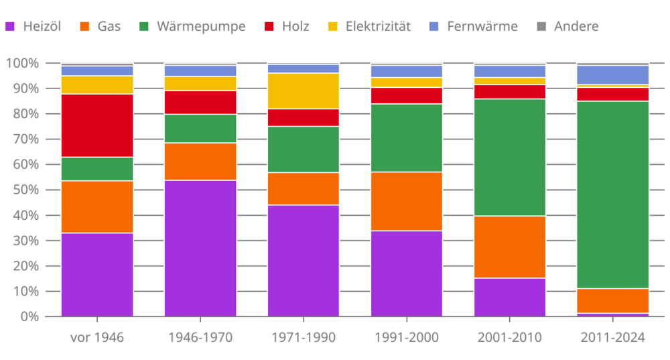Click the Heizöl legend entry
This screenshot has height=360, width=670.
tap(33, 27)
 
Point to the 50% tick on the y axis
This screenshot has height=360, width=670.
tap(23, 190)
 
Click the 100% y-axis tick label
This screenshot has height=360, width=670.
tap(21, 63)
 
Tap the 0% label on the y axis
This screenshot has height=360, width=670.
tap(27, 316)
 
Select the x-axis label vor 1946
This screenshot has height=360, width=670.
tap(97, 337)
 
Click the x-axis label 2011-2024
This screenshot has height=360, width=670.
tap(613, 337)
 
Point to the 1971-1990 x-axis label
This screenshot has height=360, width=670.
tap(304, 337)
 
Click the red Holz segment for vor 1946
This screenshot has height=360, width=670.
tap(97, 125)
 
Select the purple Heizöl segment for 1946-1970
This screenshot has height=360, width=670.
tap(200, 248)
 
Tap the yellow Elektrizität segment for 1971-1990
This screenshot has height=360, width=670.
tap(304, 91)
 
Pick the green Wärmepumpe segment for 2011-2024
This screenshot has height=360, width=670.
tap(613, 194)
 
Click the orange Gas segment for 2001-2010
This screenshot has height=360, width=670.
tap(510, 247)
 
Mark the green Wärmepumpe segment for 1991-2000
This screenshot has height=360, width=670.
tap(407, 137)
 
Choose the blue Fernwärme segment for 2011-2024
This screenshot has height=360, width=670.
tap(613, 74)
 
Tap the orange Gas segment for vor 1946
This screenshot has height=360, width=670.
tap(97, 206)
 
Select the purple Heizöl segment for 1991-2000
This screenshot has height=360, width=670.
tap(407, 273)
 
